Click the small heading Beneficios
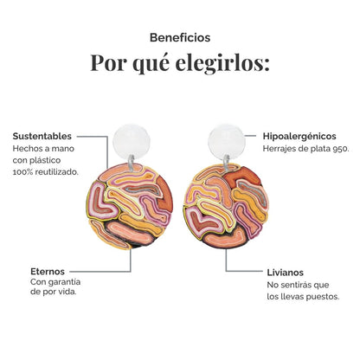(x=180, y=38)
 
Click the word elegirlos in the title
(x=222, y=63)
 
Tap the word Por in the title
(x=109, y=62)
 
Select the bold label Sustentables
(x=42, y=136)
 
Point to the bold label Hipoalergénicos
(x=299, y=136)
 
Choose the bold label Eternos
(x=48, y=272)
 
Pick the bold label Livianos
(x=286, y=273)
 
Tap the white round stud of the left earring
(x=132, y=142)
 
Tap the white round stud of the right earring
(x=227, y=142)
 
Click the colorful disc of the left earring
(x=130, y=206)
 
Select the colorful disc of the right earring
(x=227, y=206)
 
